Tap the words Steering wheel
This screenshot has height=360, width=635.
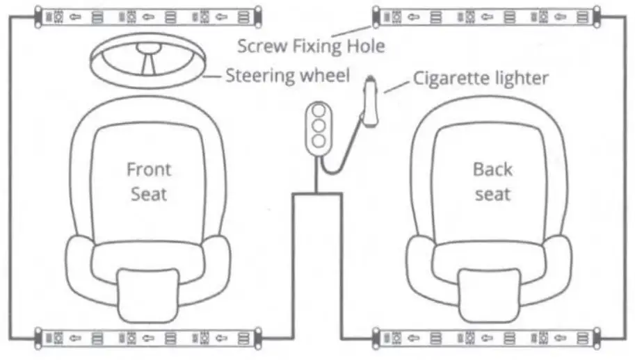click(x=287, y=75)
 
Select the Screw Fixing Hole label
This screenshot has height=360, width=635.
click(x=311, y=47)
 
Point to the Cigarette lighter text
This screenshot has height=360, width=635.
click(x=480, y=78)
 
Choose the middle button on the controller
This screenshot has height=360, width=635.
click(x=320, y=126)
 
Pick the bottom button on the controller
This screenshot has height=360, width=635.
click(x=320, y=141)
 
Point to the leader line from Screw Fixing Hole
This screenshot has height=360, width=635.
click(x=351, y=28)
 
